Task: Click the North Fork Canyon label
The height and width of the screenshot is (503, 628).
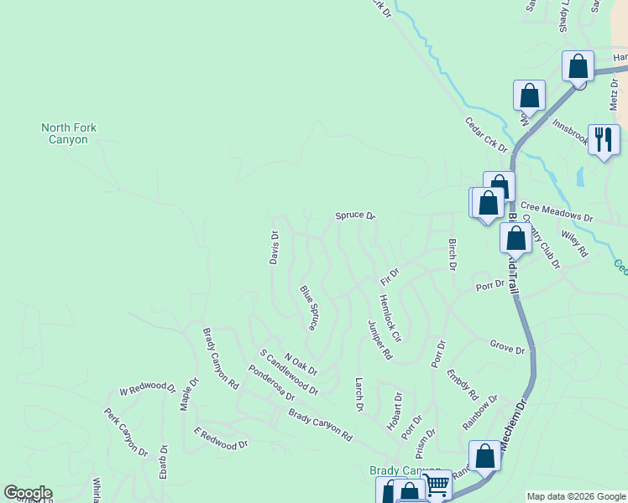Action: coord(69,133)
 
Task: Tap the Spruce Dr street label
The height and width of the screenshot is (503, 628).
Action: coord(355,215)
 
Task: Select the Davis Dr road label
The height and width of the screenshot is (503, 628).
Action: coord(274,248)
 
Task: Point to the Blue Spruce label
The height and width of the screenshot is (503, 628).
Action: coord(309,308)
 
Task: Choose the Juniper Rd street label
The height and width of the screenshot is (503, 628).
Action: coord(380,340)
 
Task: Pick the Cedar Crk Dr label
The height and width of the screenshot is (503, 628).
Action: coord(487,134)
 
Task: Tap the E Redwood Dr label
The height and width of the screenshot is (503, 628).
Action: coord(221,438)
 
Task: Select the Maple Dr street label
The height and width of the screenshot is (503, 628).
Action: coord(190,393)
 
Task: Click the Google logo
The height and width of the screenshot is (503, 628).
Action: coord(28,493)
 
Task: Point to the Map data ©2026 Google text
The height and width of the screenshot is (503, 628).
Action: coord(575,496)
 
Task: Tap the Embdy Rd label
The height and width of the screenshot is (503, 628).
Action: coord(463,384)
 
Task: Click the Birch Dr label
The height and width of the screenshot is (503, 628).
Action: coord(453,254)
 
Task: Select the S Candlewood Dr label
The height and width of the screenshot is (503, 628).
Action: coord(289,373)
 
